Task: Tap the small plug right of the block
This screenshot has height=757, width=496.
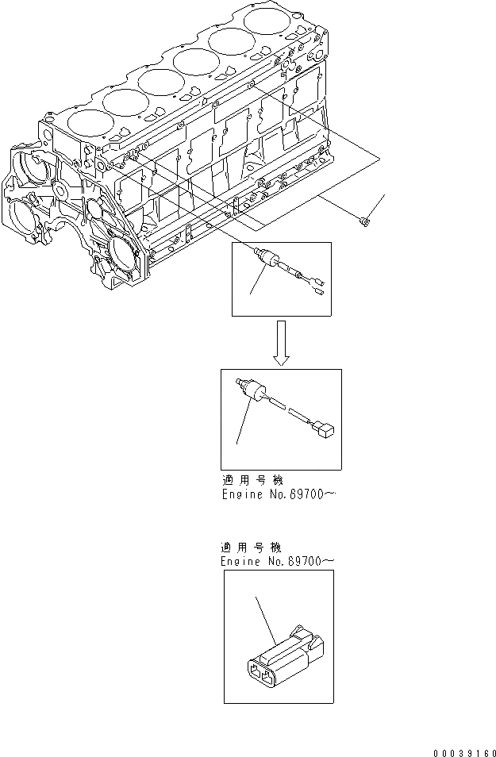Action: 363,221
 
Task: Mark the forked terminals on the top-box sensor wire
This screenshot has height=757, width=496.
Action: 316,289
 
